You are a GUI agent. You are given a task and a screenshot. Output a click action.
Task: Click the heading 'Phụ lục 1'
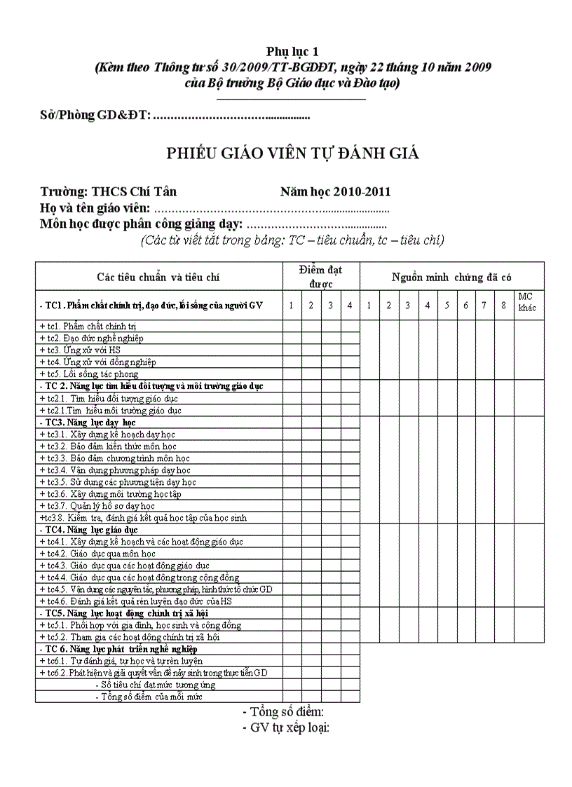292,51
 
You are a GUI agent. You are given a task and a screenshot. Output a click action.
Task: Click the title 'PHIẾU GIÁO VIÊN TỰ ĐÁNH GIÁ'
292,153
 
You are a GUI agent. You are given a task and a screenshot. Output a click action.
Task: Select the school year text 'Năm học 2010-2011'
335,192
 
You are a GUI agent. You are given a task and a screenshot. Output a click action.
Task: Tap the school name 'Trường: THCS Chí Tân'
109,192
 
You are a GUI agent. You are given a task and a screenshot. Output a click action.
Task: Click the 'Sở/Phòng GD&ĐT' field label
95,115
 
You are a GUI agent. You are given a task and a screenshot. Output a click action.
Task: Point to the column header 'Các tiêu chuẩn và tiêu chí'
158,278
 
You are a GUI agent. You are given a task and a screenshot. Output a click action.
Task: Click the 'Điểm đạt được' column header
320,276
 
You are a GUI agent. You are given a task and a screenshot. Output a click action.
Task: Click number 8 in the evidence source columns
503,305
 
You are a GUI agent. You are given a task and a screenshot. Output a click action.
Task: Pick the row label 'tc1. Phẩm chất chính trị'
88,326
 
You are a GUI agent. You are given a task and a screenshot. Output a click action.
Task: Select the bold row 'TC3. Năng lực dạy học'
87,423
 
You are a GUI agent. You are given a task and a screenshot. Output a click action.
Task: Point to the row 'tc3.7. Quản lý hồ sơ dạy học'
97,505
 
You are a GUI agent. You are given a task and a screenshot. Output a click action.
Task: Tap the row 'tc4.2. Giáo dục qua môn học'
97,554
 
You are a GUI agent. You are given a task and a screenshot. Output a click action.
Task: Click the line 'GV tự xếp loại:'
285,727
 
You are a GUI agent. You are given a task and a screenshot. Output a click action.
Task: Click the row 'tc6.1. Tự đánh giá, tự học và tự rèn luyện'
121,661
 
